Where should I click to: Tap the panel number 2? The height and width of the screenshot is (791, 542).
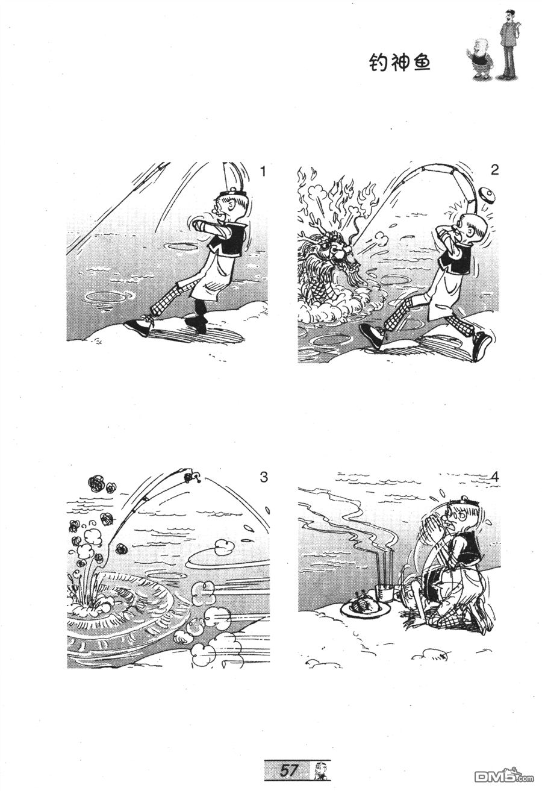[x=494, y=170]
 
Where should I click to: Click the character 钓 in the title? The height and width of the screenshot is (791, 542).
[x=378, y=63]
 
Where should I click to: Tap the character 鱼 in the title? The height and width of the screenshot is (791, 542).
[x=420, y=63]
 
